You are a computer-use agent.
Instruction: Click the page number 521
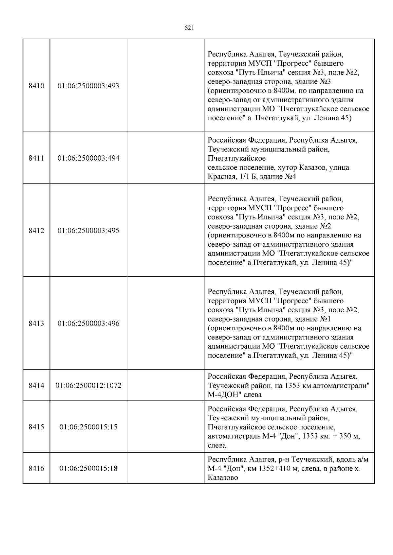click(190, 28)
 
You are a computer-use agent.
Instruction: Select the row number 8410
click(36, 86)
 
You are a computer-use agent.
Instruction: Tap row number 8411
click(36, 158)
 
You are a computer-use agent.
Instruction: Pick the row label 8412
click(36, 231)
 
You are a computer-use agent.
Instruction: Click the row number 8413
click(36, 323)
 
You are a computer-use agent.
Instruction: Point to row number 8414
click(36, 386)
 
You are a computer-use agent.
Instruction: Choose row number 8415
click(36, 427)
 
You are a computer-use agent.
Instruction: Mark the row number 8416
click(36, 468)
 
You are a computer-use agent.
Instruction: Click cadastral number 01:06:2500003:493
click(88, 86)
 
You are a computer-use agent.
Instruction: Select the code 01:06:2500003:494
click(88, 158)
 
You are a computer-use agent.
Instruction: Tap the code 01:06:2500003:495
click(88, 231)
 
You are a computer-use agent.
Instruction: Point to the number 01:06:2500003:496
click(88, 323)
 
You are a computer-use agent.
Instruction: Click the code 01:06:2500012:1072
click(88, 386)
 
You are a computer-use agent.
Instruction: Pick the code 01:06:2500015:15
click(88, 427)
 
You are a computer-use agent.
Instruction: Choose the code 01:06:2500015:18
click(88, 468)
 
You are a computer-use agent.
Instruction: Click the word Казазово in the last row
click(223, 478)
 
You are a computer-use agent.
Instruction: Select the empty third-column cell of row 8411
click(165, 158)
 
